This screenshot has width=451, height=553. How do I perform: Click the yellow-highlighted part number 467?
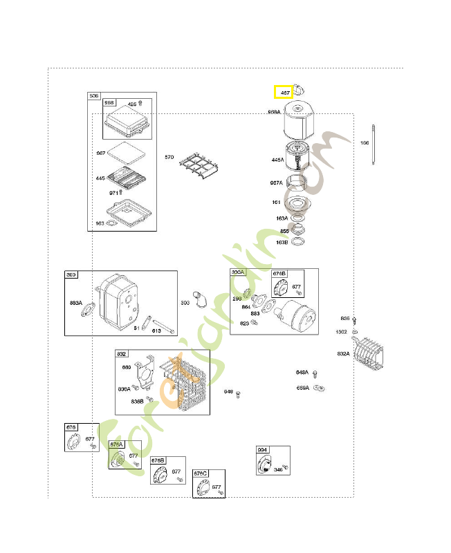284,92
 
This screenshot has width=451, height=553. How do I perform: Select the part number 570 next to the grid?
169,158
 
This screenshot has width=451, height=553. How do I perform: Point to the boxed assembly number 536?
93,96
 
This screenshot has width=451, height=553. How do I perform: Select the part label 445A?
277,160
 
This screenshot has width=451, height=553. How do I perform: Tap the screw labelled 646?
238,394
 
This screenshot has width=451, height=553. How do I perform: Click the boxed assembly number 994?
262,450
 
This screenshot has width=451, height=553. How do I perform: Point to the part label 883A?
76,303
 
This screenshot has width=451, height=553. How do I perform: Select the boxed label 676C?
201,474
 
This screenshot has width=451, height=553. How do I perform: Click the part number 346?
277,469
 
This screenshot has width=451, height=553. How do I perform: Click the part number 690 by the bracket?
127,367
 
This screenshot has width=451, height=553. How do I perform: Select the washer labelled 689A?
319,388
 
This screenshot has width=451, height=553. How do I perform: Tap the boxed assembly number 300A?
238,273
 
